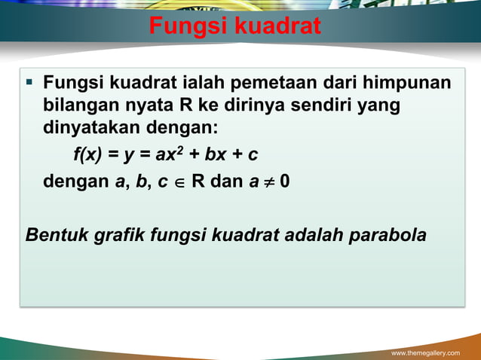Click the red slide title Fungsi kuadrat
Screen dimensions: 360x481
[x=234, y=27]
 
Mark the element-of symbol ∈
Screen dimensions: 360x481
[x=180, y=182]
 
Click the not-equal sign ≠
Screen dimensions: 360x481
[x=267, y=182]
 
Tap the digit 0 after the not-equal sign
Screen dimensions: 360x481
[x=284, y=182]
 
